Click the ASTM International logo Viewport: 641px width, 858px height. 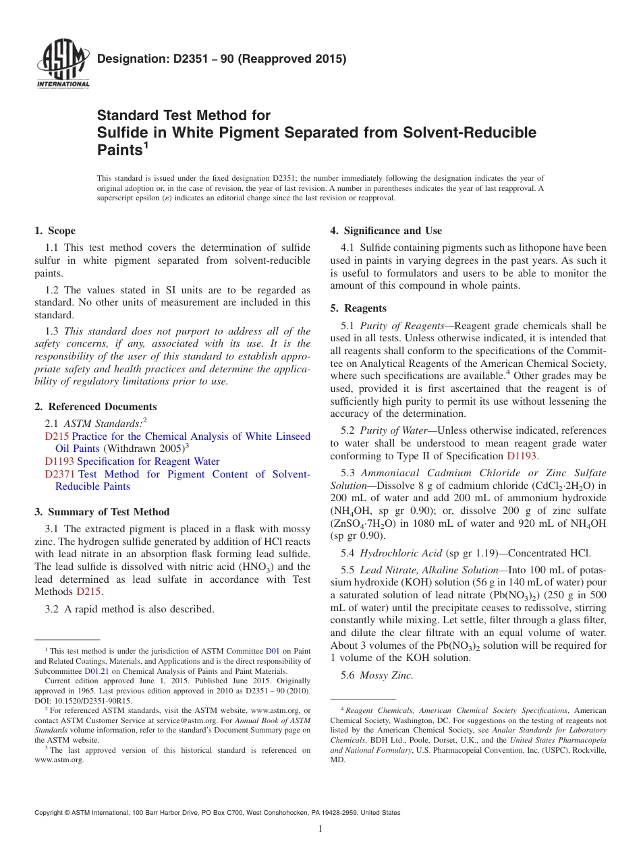pyautogui.click(x=62, y=66)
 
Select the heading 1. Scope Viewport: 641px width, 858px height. pyautogui.click(x=55, y=231)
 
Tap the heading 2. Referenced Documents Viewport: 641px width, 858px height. pyautogui.click(x=96, y=407)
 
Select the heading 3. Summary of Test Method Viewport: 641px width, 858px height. pyautogui.click(x=102, y=512)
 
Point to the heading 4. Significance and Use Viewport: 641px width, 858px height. pyautogui.click(x=386, y=231)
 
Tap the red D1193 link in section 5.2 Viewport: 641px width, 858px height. pyautogui.click(x=522, y=455)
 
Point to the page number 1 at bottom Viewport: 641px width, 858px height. pyautogui.click(x=320, y=829)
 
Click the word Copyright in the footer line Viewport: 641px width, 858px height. pyautogui.click(x=50, y=813)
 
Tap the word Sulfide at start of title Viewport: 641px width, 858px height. pyautogui.click(x=121, y=132)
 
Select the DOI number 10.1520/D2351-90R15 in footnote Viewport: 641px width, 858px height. pyautogui.click(x=94, y=701)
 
